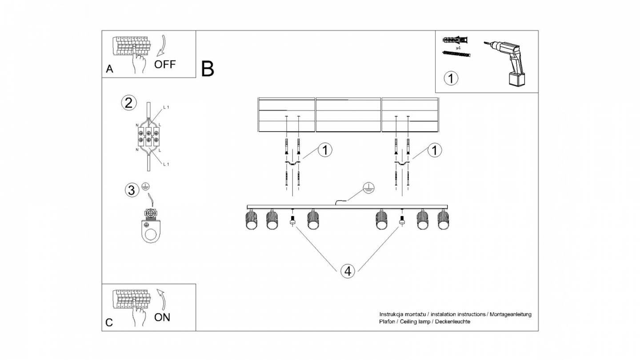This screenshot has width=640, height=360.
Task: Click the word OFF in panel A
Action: click(x=165, y=64)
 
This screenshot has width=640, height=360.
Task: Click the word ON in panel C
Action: click(x=162, y=317)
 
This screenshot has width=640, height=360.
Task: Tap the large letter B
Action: click(x=208, y=69)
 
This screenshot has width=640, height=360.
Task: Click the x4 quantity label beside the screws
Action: click(x=457, y=47)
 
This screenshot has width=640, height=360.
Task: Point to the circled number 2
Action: click(x=128, y=103)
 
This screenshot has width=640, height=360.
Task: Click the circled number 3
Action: click(x=131, y=191)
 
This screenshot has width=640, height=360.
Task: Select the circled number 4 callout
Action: click(x=348, y=271)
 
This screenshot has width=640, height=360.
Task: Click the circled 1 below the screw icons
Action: click(x=451, y=79)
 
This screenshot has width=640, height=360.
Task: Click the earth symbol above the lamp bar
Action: click(x=368, y=188)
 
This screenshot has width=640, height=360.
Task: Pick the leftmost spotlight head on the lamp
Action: click(x=252, y=220)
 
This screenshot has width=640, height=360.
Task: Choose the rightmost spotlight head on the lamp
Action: click(x=443, y=220)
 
